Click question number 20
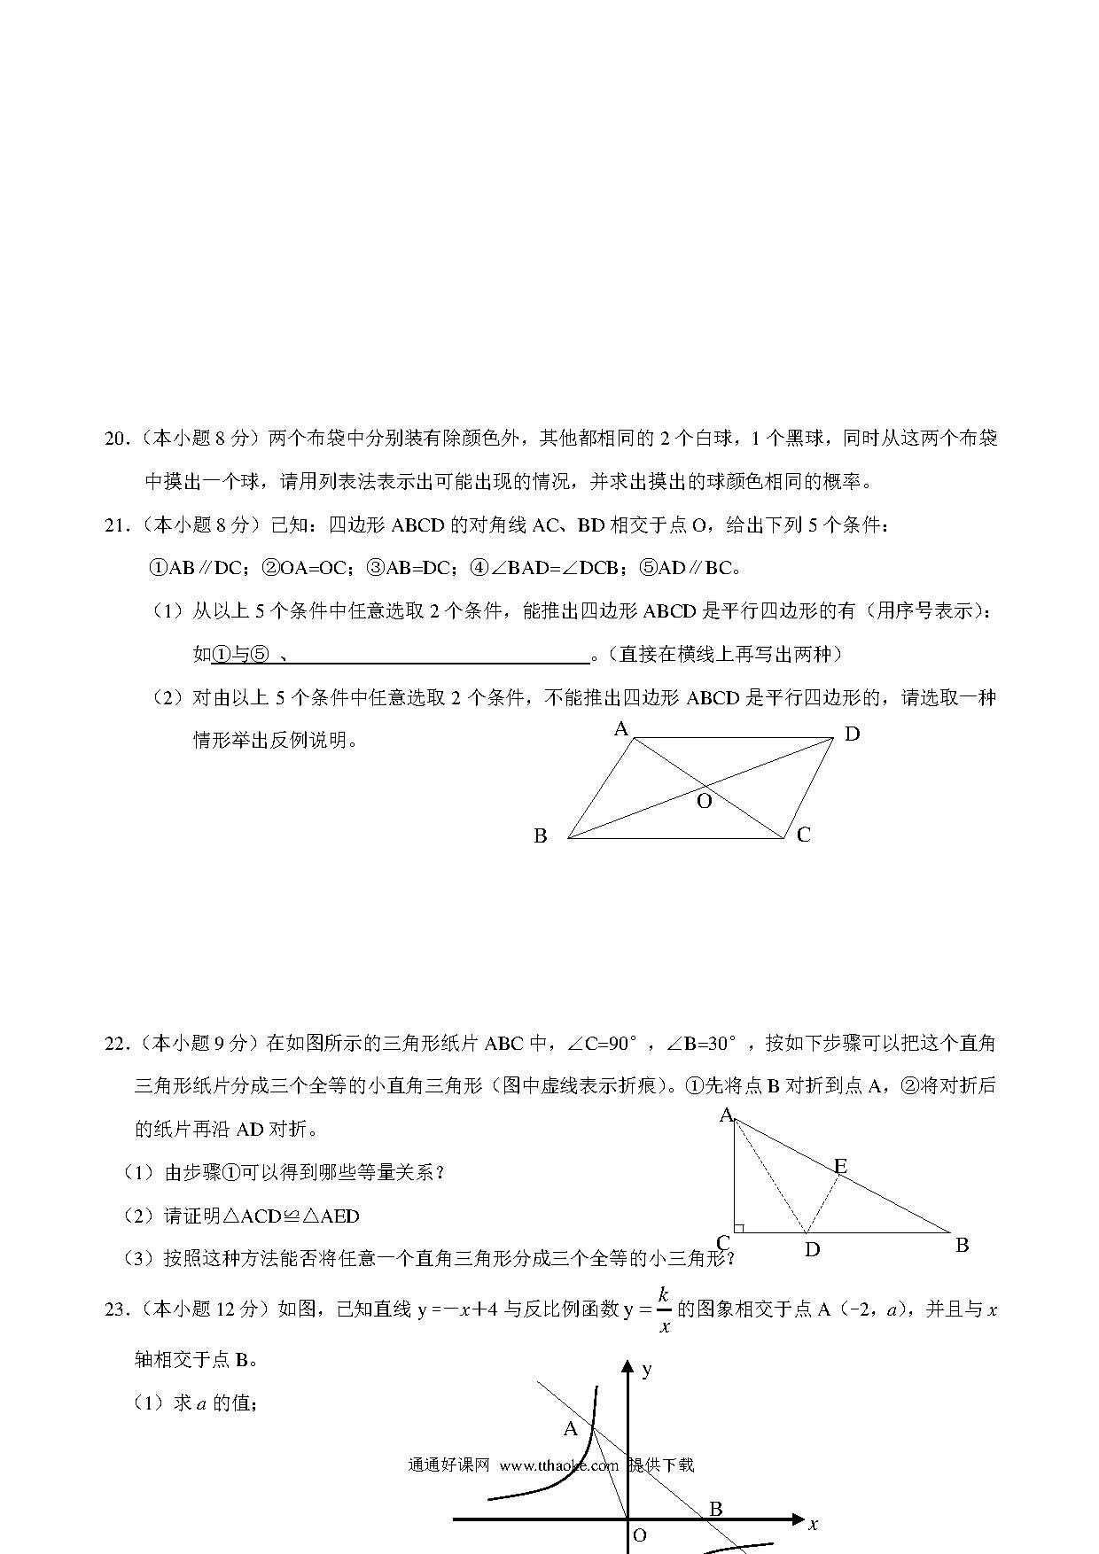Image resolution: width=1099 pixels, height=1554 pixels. point(116,439)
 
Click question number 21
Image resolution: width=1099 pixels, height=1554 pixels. point(116,525)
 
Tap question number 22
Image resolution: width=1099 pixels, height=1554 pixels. point(116,1043)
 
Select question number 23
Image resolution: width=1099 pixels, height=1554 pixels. point(116,1309)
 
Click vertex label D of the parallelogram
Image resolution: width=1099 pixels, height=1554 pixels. point(852,734)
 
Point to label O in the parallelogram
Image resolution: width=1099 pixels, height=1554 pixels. point(705,802)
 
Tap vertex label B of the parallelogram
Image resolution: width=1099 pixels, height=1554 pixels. point(541,835)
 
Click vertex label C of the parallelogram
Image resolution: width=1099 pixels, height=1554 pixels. point(803,835)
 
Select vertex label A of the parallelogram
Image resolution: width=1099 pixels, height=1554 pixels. point(621,729)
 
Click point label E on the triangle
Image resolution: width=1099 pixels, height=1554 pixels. point(840,1166)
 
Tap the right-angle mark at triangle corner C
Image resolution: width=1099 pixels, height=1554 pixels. point(738,1228)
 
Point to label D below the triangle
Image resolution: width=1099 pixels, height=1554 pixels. point(812,1249)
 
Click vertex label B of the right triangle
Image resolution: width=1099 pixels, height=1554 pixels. point(962,1245)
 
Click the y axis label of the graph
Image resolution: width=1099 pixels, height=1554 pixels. point(647,1370)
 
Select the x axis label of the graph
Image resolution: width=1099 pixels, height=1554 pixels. point(813,1524)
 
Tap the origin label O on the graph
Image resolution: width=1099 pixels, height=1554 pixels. point(639,1536)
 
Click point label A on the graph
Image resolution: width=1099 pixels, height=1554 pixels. point(571,1428)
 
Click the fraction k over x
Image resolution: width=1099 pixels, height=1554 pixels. point(664,1309)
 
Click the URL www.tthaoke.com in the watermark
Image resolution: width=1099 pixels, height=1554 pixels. point(559,1465)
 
